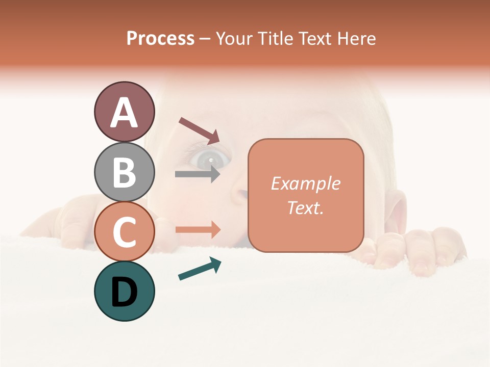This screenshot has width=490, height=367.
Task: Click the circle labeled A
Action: pyautogui.click(x=124, y=112)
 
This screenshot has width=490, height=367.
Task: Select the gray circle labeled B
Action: pyautogui.click(x=124, y=172)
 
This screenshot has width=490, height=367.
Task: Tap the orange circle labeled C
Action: pyautogui.click(x=124, y=231)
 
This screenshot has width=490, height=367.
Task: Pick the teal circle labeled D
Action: pyautogui.click(x=124, y=291)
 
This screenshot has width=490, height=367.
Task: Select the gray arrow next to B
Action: pyautogui.click(x=198, y=174)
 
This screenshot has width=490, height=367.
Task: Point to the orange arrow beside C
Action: pyautogui.click(x=198, y=229)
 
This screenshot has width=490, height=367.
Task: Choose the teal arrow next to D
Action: pyautogui.click(x=200, y=269)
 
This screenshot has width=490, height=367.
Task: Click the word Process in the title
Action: pyautogui.click(x=160, y=39)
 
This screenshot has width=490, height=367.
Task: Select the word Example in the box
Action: pyautogui.click(x=305, y=183)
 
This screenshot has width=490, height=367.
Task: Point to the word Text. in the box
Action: pyautogui.click(x=305, y=207)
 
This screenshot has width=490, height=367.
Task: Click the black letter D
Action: pyautogui.click(x=124, y=292)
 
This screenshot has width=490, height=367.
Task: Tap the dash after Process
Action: pyautogui.click(x=205, y=39)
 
